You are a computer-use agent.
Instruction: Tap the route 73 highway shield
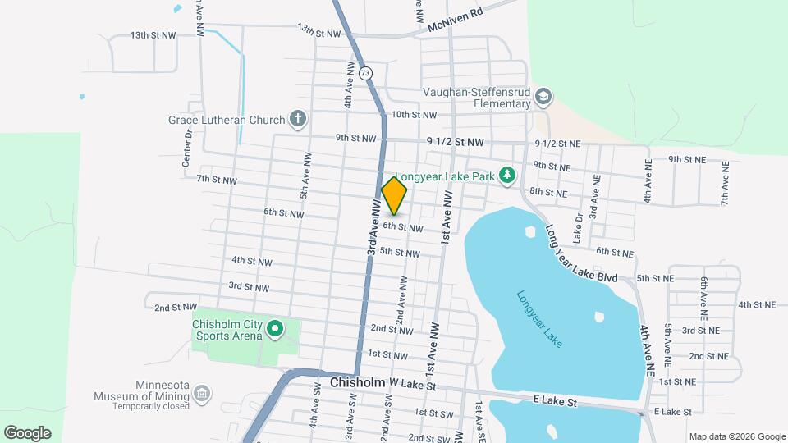click(365, 73)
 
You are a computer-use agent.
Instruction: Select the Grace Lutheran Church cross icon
click(297, 120)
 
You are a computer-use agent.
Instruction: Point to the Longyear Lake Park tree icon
click(508, 175)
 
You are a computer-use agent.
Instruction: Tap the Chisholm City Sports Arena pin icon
click(276, 331)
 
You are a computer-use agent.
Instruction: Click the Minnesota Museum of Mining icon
click(204, 395)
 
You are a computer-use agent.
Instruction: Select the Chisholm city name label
click(357, 382)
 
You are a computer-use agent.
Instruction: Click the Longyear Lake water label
click(539, 319)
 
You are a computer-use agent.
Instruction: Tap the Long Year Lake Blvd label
click(581, 255)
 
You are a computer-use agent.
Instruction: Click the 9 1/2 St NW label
click(456, 143)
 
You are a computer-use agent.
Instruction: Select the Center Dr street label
click(188, 148)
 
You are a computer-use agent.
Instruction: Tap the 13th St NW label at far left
click(153, 35)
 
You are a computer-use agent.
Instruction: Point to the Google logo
click(27, 432)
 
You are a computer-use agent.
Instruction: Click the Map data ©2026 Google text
click(737, 436)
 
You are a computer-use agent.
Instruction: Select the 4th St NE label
click(756, 304)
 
